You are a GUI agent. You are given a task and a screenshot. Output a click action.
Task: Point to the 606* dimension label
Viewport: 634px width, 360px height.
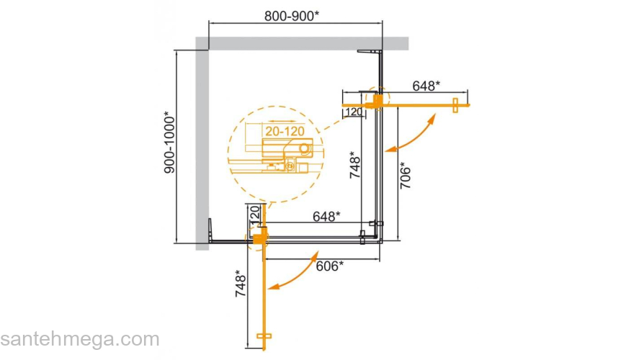coord(329,266)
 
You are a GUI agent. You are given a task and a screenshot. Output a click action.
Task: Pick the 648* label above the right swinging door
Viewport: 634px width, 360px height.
coord(426,86)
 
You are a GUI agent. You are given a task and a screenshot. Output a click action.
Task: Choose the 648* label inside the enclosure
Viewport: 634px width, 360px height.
coord(326,216)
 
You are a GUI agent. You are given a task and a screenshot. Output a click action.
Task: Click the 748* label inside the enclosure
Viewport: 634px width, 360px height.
coord(352,166)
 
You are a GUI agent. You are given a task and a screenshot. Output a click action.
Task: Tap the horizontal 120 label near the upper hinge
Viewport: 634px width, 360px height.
coord(353,112)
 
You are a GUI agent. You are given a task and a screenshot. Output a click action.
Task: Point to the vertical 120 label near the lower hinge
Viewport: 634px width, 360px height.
coord(254,215)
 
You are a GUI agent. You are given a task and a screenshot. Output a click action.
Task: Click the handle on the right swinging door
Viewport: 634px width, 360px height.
coord(455,105)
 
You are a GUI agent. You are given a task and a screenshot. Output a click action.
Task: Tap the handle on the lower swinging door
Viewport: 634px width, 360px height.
coord(264,336)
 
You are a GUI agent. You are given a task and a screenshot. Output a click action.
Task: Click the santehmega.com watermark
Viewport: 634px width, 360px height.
coord(79,339)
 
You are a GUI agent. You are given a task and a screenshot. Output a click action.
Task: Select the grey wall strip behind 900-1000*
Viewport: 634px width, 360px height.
coord(202,144)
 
